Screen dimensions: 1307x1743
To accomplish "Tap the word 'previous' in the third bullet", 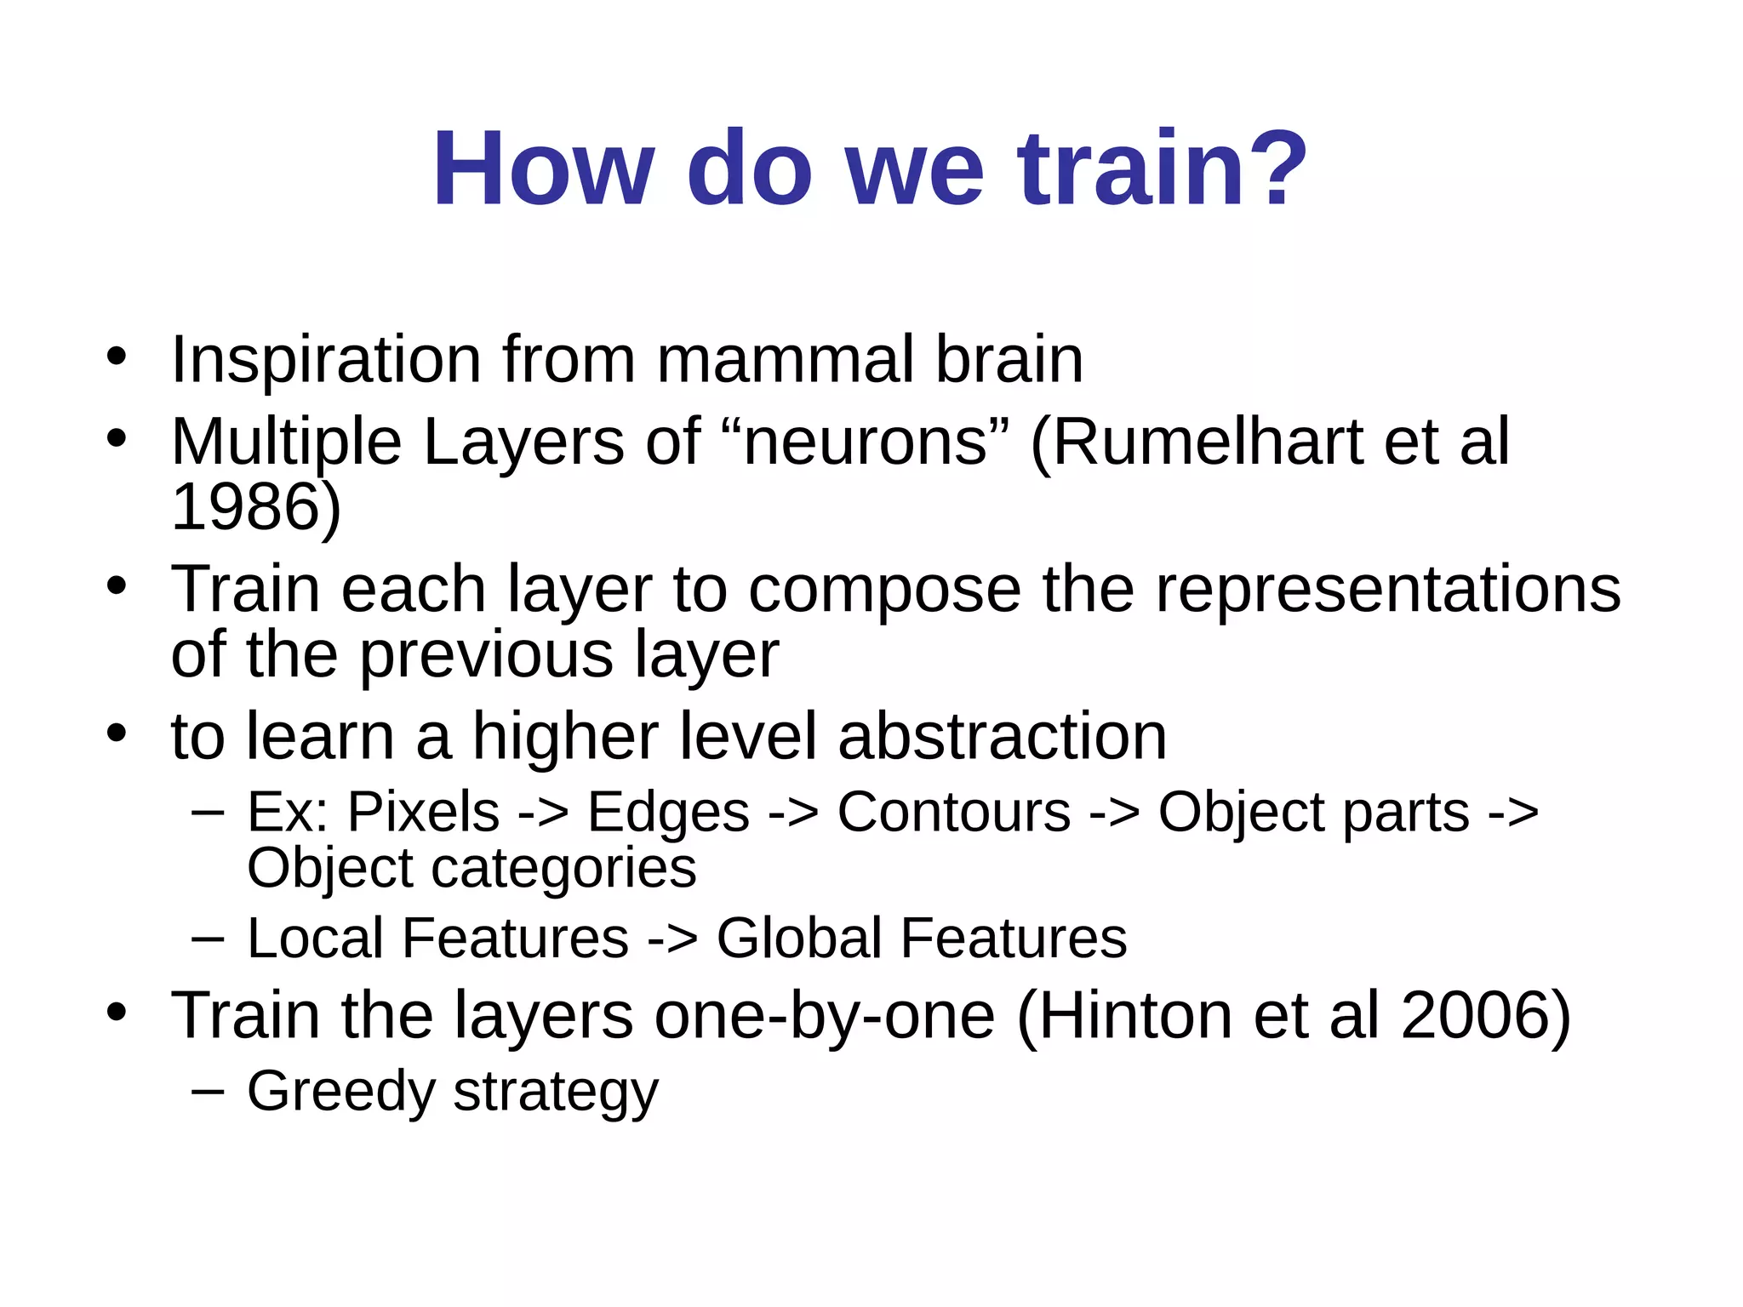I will (486, 654).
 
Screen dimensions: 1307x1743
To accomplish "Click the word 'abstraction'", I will (1002, 736).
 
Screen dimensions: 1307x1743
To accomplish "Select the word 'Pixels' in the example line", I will (423, 812).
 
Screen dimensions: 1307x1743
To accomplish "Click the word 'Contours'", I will (954, 812).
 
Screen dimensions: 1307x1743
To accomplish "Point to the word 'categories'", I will (563, 868).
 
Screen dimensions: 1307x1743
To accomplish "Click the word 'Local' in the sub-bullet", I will (315, 939).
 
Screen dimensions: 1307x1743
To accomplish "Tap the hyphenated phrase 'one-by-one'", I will (824, 1016).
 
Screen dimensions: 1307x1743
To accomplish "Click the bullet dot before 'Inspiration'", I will (117, 357).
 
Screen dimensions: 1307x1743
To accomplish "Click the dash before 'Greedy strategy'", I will (209, 1092).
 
